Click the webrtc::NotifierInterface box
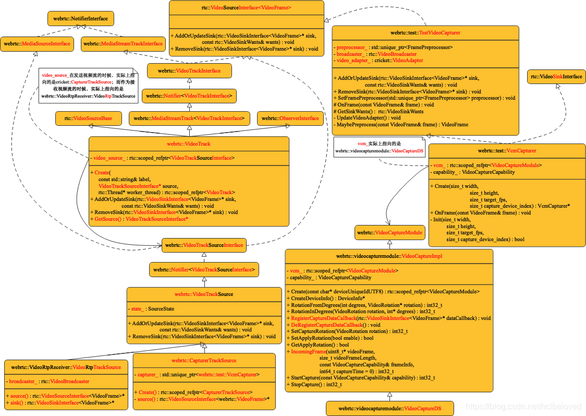click(x=80, y=19)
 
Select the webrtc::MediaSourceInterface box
click(x=36, y=44)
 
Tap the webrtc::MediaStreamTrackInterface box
click(x=123, y=44)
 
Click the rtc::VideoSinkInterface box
click(x=556, y=77)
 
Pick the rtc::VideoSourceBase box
click(x=88, y=118)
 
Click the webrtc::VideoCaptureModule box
click(x=388, y=233)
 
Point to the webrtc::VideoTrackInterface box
click(x=189, y=70)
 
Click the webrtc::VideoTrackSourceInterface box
click(x=204, y=245)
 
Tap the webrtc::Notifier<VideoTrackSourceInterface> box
click(x=204, y=270)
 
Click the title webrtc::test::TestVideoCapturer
click(x=425, y=32)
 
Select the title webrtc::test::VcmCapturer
click(x=507, y=151)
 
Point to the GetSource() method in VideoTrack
click(x=141, y=219)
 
